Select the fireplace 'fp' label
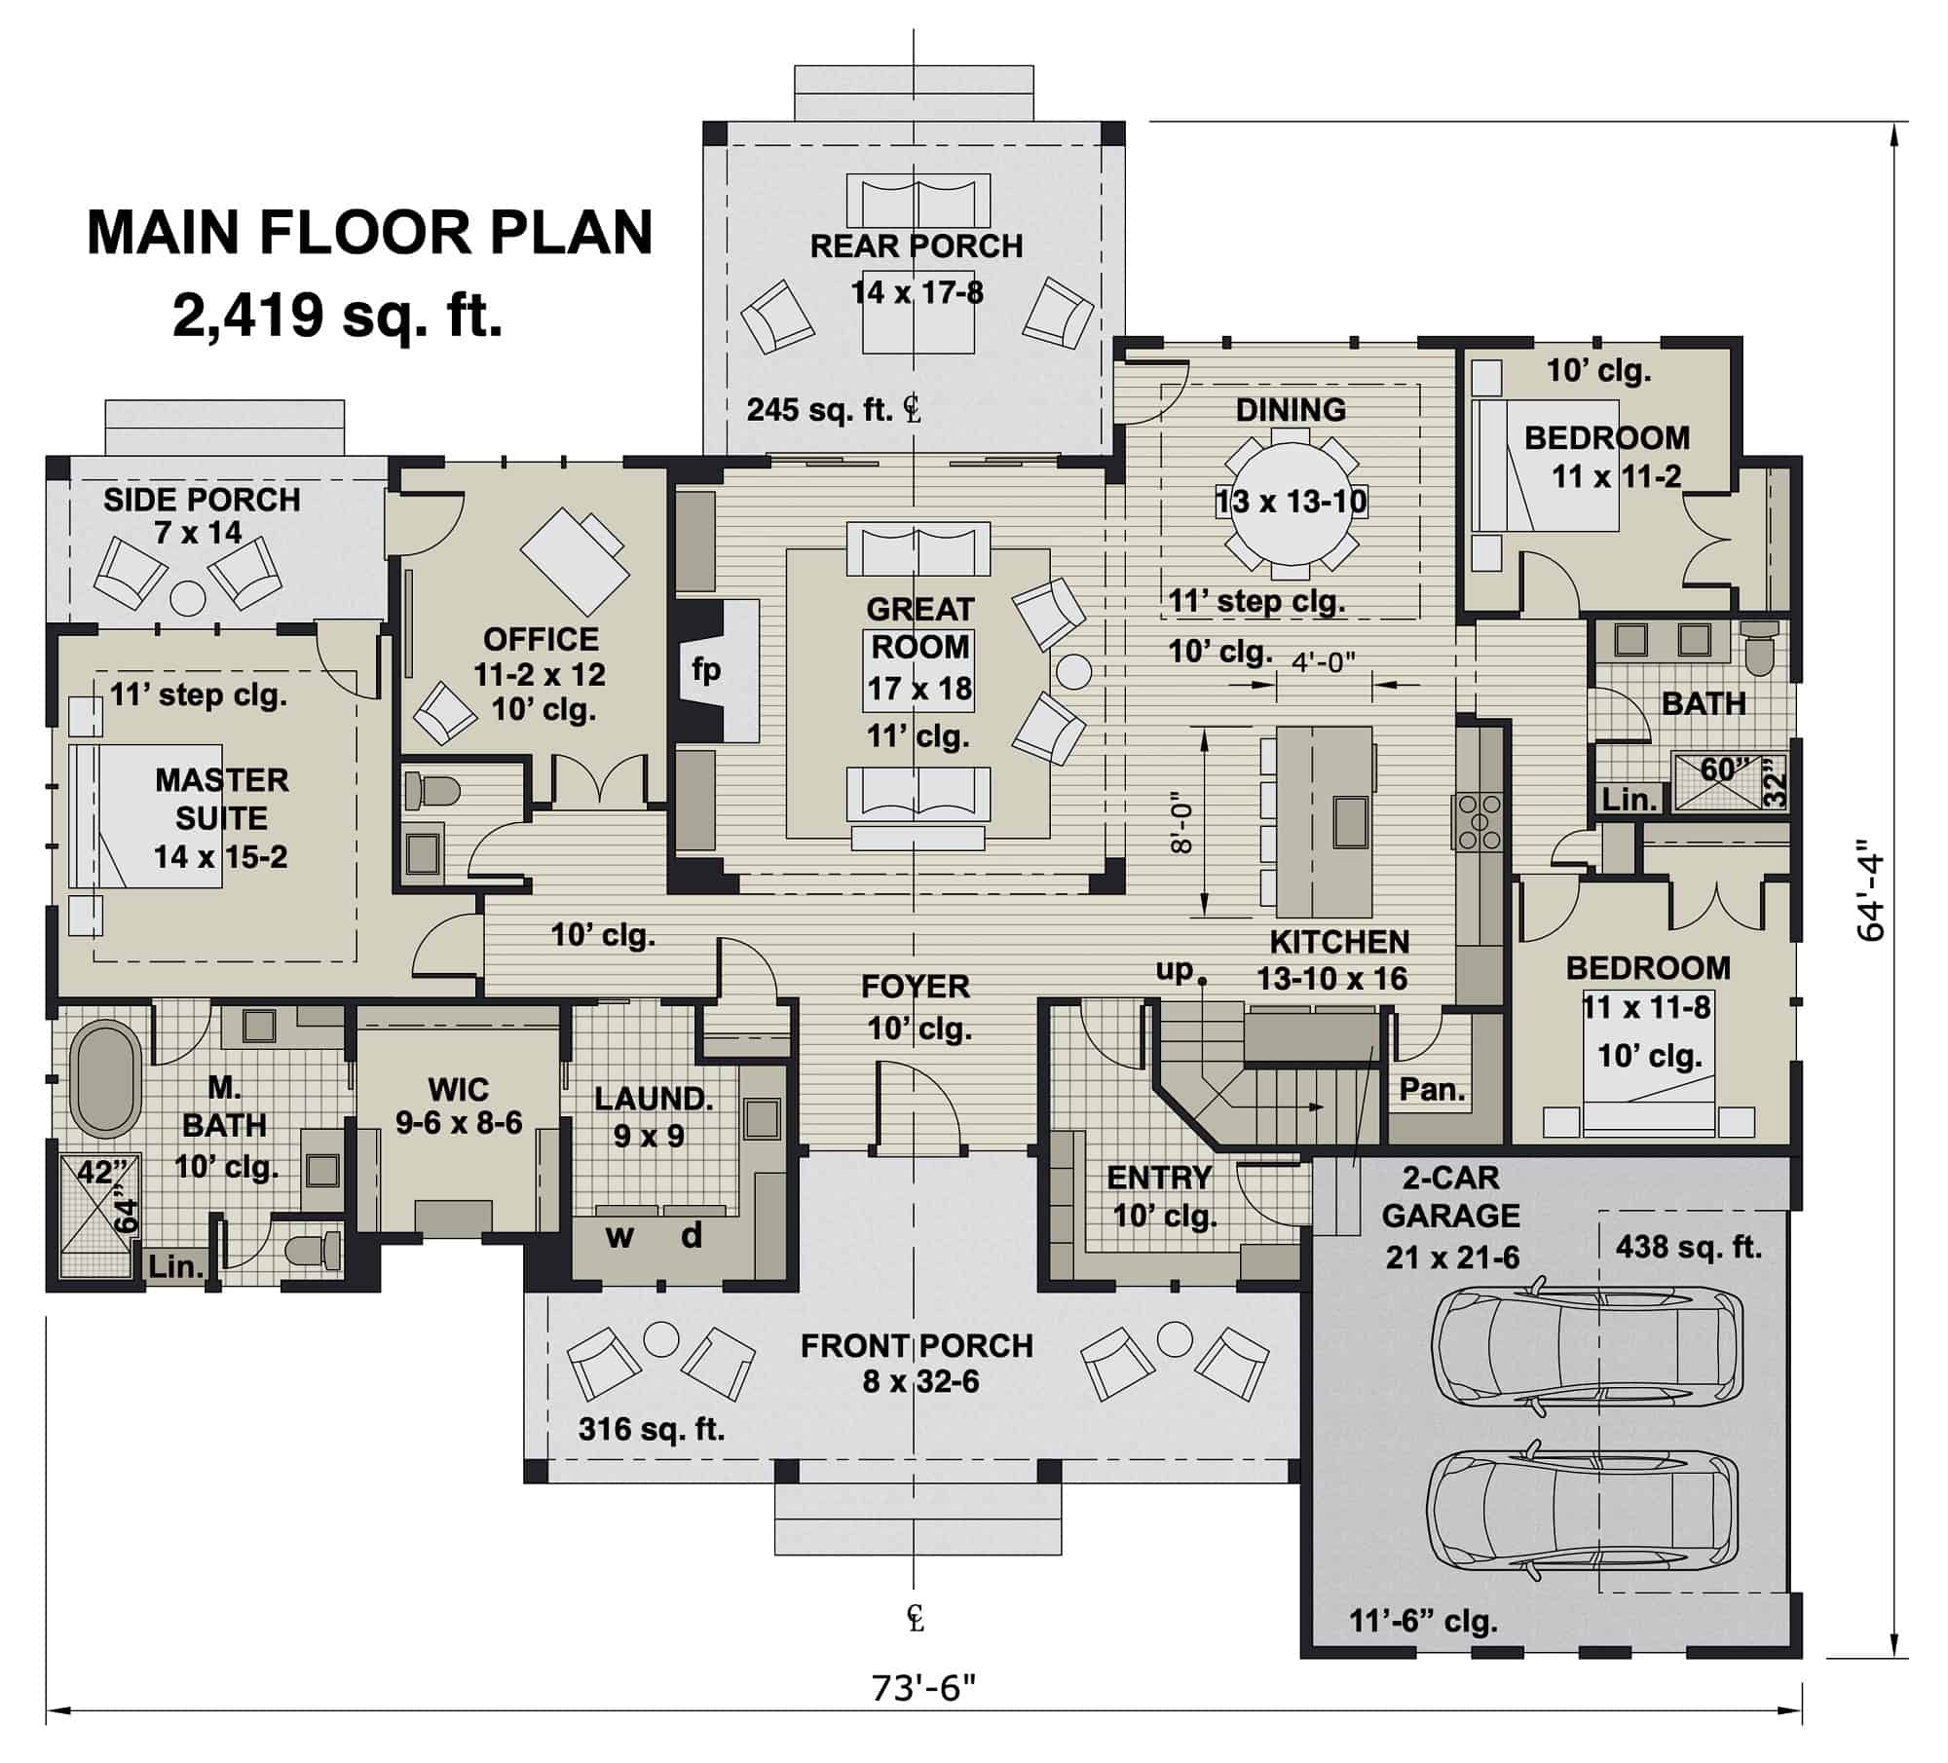pyautogui.click(x=705, y=670)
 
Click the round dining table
pyautogui.click(x=1291, y=502)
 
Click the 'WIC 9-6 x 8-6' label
pyautogui.click(x=459, y=1106)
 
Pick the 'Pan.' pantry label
pyautogui.click(x=1432, y=1090)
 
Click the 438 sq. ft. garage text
pyautogui.click(x=1688, y=1248)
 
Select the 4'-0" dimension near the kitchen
pyautogui.click(x=1324, y=662)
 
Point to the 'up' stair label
pyautogui.click(x=1175, y=970)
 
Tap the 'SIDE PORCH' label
pyautogui.click(x=202, y=501)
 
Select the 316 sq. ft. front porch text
pyautogui.click(x=651, y=1430)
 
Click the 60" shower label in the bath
pyautogui.click(x=1725, y=769)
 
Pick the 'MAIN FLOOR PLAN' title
pyautogui.click(x=369, y=233)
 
